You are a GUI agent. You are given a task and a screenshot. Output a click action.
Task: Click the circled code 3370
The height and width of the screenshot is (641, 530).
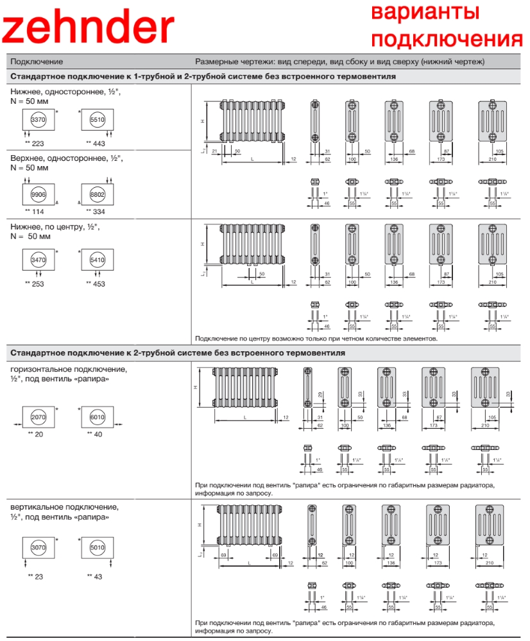coord(38,120)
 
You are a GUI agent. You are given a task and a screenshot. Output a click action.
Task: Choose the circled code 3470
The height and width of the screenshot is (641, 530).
coord(38,260)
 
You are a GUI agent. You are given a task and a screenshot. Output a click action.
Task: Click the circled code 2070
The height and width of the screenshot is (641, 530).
coord(38,417)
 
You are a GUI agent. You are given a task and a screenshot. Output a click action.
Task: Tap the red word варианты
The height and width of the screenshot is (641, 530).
coord(425,12)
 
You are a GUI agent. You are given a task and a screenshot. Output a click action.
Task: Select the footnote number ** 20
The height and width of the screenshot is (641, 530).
coord(35,435)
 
